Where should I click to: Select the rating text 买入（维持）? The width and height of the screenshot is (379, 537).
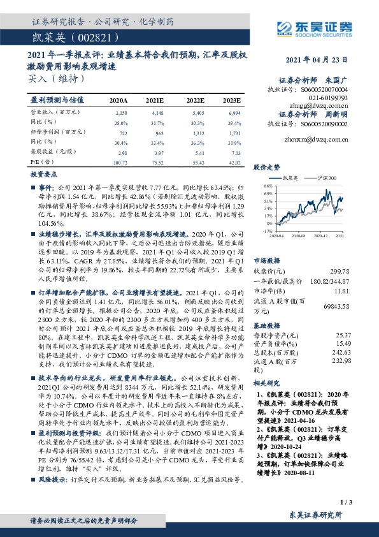[x=57, y=78]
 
